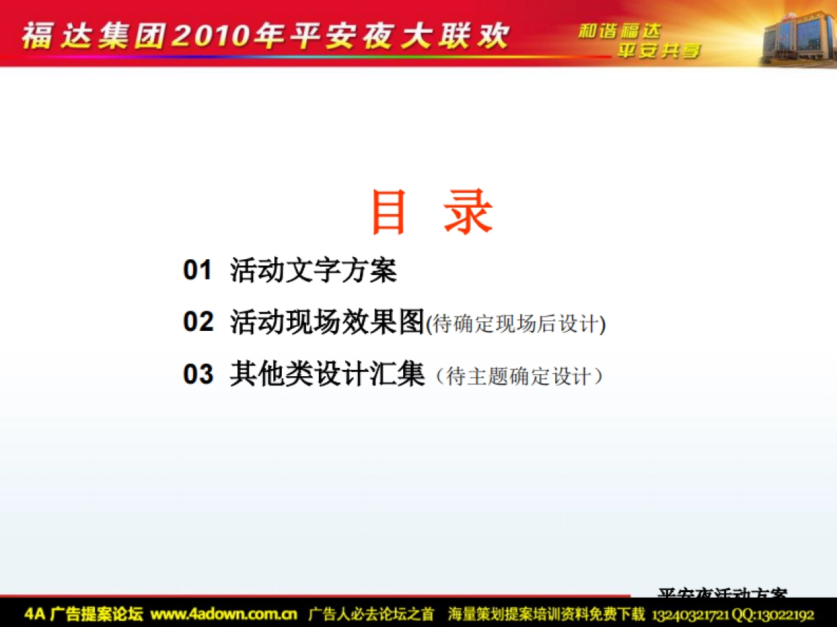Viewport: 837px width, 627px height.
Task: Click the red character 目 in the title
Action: click(389, 212)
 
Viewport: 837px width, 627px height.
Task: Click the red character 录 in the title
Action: click(468, 212)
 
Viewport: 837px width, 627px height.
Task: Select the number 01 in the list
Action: click(197, 270)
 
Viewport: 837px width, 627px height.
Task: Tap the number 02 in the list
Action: click(197, 322)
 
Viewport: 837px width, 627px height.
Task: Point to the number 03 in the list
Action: click(197, 375)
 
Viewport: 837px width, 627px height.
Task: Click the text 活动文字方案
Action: click(313, 270)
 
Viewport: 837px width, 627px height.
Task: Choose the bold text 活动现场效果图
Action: click(327, 322)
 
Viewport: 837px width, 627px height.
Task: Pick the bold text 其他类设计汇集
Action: click(327, 375)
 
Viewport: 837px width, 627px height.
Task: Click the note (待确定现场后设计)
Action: click(515, 324)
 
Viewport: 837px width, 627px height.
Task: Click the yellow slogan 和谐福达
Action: click(619, 31)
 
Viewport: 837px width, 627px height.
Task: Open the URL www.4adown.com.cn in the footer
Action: click(224, 614)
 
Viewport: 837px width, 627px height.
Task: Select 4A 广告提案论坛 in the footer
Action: click(84, 614)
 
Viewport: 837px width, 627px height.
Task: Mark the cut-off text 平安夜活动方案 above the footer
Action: click(723, 593)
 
